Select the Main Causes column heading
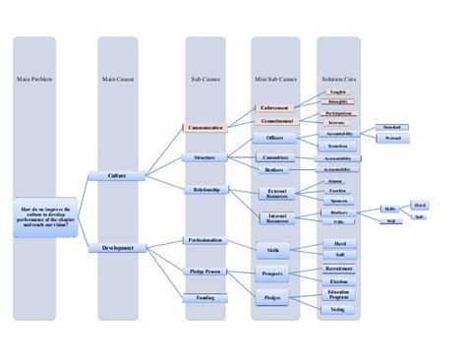pyautogui.click(x=118, y=79)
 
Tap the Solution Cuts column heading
pyautogui.click(x=338, y=79)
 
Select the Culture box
pyautogui.click(x=118, y=175)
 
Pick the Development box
pyautogui.click(x=118, y=249)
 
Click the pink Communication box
pyautogui.click(x=205, y=127)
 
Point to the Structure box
pyautogui.click(x=205, y=157)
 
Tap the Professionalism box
pyautogui.click(x=205, y=240)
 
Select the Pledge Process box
pyautogui.click(x=205, y=270)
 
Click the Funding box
pyautogui.click(x=205, y=296)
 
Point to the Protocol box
pyautogui.click(x=392, y=139)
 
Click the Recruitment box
pyautogui.click(x=338, y=267)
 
